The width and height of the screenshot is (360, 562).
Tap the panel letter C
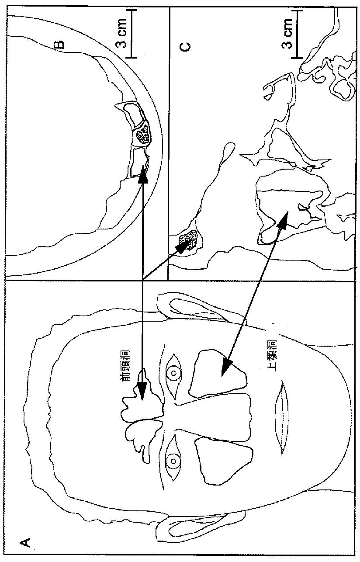[x=185, y=47]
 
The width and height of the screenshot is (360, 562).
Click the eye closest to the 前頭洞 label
[x=173, y=373]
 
